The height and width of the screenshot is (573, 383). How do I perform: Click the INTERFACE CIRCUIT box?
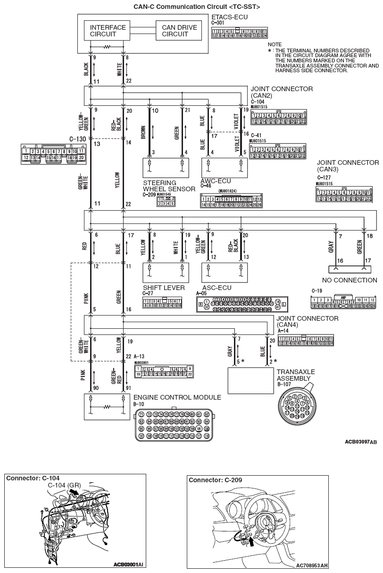click(108, 31)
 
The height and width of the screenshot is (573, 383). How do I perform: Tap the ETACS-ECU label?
click(230, 17)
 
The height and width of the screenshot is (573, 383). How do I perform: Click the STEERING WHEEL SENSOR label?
click(168, 186)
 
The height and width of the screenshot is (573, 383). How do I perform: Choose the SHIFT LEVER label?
click(164, 288)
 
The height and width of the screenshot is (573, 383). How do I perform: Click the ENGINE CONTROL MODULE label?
click(177, 397)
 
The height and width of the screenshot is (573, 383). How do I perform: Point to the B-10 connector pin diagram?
click(174, 425)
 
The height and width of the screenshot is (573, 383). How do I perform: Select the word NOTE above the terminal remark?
click(275, 44)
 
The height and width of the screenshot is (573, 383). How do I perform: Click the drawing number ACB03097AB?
click(361, 442)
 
